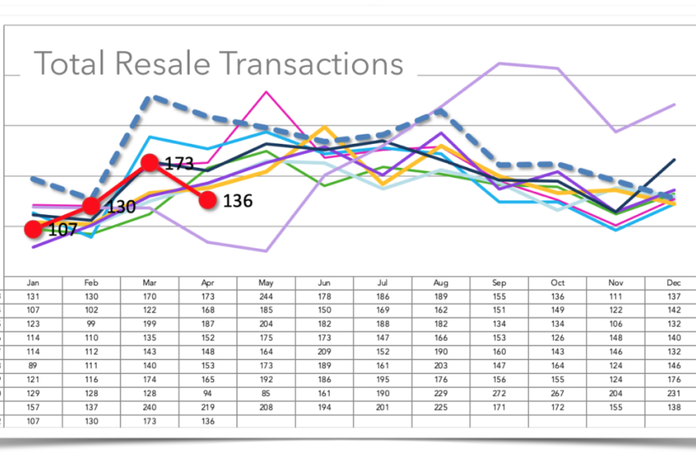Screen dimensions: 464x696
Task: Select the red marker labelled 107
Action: (33, 229)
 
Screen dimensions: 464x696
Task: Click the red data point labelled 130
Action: (91, 206)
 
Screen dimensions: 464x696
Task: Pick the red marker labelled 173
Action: (150, 163)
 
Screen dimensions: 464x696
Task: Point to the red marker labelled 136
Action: (207, 200)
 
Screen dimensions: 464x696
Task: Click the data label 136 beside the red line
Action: (237, 201)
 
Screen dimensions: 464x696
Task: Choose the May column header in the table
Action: (267, 284)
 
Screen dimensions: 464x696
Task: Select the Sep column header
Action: (500, 284)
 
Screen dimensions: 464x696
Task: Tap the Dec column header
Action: (674, 284)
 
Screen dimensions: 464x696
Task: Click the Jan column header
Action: (33, 284)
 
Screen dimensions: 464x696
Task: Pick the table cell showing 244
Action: (267, 297)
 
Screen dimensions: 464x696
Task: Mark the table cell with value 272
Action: (500, 394)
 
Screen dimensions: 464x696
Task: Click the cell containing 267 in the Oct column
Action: (558, 394)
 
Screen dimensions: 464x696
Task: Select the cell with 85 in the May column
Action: (267, 394)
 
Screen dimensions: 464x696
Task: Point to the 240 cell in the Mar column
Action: (150, 408)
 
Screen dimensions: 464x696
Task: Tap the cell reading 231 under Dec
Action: (674, 394)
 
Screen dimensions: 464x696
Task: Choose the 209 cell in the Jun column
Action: (325, 352)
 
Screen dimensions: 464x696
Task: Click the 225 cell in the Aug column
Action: (442, 408)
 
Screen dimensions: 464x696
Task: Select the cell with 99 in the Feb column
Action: (91, 324)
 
